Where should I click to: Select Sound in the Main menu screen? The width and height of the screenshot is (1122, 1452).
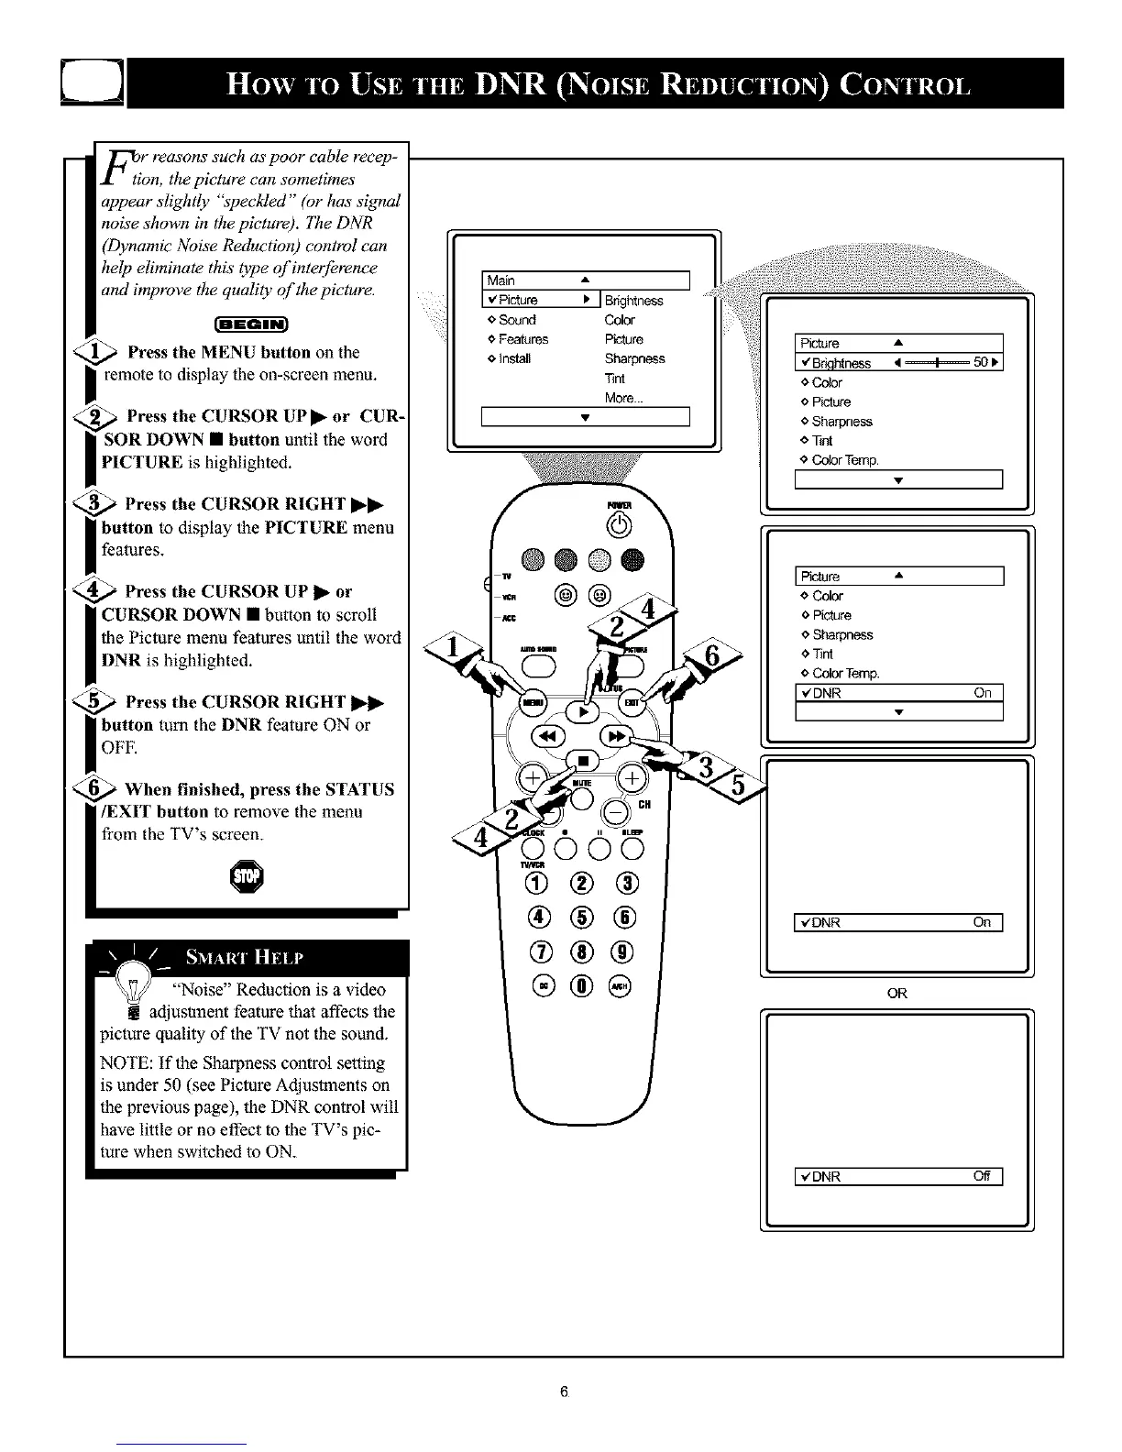point(517,320)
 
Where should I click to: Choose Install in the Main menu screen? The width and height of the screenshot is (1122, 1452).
point(514,358)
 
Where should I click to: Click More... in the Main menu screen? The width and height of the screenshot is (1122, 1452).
point(623,398)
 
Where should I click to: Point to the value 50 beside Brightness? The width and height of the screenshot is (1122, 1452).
point(981,363)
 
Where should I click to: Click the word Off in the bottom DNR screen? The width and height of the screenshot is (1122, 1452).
point(982,1177)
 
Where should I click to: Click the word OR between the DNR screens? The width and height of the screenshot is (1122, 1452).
point(896,994)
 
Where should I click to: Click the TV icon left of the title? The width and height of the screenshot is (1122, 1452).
point(92,82)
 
